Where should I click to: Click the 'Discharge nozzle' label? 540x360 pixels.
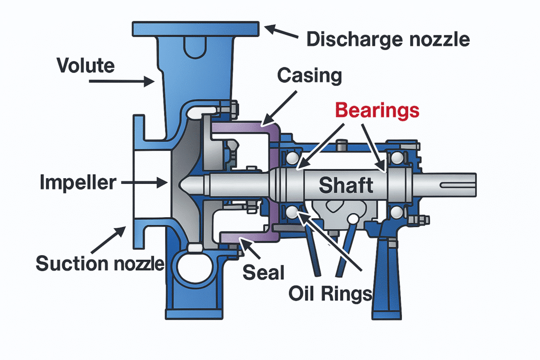tap(388, 38)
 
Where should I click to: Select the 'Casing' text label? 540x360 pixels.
tap(310, 76)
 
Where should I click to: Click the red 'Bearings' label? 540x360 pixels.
tap(378, 110)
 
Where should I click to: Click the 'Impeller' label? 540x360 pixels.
tap(78, 183)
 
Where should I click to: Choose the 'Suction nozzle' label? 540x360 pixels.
tap(100, 262)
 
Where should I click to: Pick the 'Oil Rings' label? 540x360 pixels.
tap(331, 293)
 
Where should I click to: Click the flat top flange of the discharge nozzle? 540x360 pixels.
tap(196, 28)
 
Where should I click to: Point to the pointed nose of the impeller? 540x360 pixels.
tap(185, 184)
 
